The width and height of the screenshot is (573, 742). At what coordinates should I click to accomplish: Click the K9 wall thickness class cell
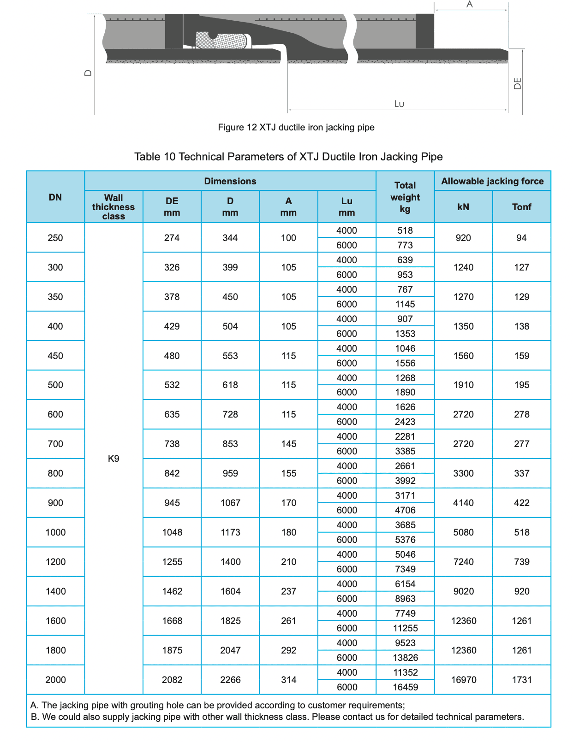113,459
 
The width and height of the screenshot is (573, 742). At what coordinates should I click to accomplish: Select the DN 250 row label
55,238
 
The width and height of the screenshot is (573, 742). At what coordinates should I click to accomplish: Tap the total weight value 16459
405,687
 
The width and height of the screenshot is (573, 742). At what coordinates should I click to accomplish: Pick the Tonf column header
521,207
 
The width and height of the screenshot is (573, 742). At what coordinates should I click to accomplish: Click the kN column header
463,207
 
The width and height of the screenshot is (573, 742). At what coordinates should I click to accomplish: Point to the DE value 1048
172,532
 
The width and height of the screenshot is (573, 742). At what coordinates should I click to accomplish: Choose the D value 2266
230,680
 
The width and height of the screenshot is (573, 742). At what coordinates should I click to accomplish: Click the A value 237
288,591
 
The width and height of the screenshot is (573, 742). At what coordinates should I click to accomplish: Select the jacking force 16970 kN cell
463,680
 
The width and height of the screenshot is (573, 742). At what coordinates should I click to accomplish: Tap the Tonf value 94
521,238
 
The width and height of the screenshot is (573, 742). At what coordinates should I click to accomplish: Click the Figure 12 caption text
296,127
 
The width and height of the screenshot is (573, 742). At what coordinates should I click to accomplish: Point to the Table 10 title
288,157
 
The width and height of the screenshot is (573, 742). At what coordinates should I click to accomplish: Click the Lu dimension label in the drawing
399,104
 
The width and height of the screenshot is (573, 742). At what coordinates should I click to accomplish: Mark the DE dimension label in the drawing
518,83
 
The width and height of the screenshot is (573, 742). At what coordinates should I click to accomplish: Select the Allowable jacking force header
492,181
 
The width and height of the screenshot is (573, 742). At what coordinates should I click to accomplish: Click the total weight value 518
405,230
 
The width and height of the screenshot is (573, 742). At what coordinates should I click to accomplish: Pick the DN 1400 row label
55,591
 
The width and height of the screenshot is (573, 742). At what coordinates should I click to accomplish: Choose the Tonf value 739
521,562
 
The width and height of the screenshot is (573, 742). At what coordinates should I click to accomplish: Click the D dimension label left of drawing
89,73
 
